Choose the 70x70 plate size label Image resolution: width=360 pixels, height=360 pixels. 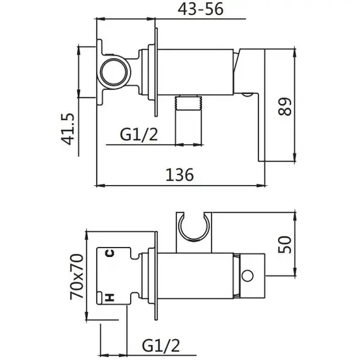(x=76, y=277)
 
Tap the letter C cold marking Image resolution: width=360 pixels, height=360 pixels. (x=109, y=254)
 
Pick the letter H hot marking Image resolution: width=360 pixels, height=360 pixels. (x=109, y=297)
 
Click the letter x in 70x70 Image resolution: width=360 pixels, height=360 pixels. (x=76, y=277)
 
